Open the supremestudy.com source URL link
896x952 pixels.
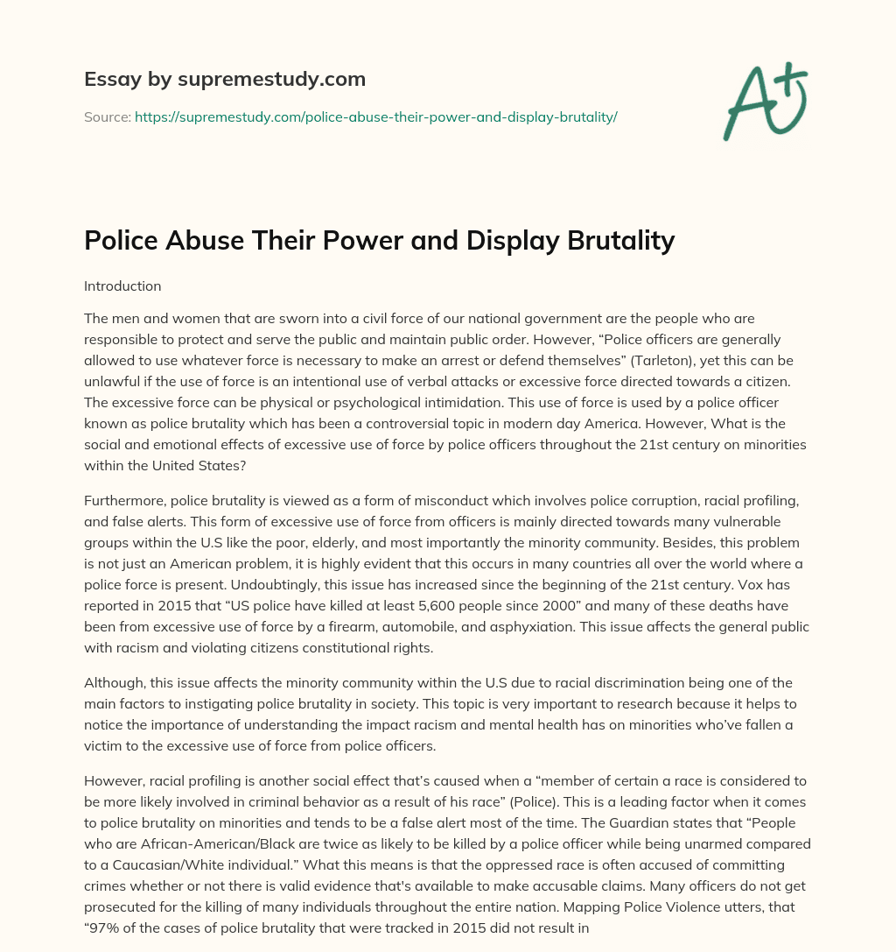376,116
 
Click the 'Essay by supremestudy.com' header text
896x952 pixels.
225,80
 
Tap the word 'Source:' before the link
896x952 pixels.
108,116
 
